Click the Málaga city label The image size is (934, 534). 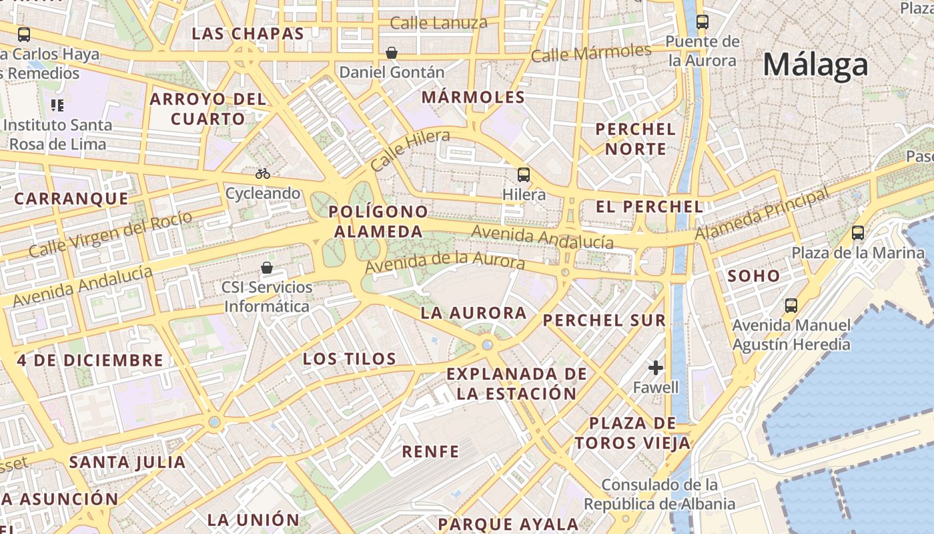click(815, 65)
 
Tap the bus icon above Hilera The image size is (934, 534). click(524, 175)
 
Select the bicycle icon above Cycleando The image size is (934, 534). click(263, 174)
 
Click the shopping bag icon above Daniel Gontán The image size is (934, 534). click(392, 52)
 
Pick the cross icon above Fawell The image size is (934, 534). click(656, 368)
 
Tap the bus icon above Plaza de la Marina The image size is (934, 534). click(858, 233)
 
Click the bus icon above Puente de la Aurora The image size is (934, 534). click(703, 21)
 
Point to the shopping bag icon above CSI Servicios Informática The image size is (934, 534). click(267, 268)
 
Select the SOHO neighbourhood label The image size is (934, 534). click(754, 276)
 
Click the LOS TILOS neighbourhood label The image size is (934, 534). click(350, 359)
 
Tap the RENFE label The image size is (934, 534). click(430, 452)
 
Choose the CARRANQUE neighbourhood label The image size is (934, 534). click(71, 198)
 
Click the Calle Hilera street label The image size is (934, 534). click(410, 150)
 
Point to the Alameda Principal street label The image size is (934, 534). click(762, 214)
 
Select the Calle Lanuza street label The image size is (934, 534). click(438, 23)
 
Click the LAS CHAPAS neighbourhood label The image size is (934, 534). click(248, 33)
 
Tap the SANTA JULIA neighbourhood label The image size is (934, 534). click(127, 462)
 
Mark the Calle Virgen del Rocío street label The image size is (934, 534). click(110, 234)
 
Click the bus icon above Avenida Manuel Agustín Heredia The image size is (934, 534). click(791, 306)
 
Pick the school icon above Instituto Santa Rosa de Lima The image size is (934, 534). click(57, 105)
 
